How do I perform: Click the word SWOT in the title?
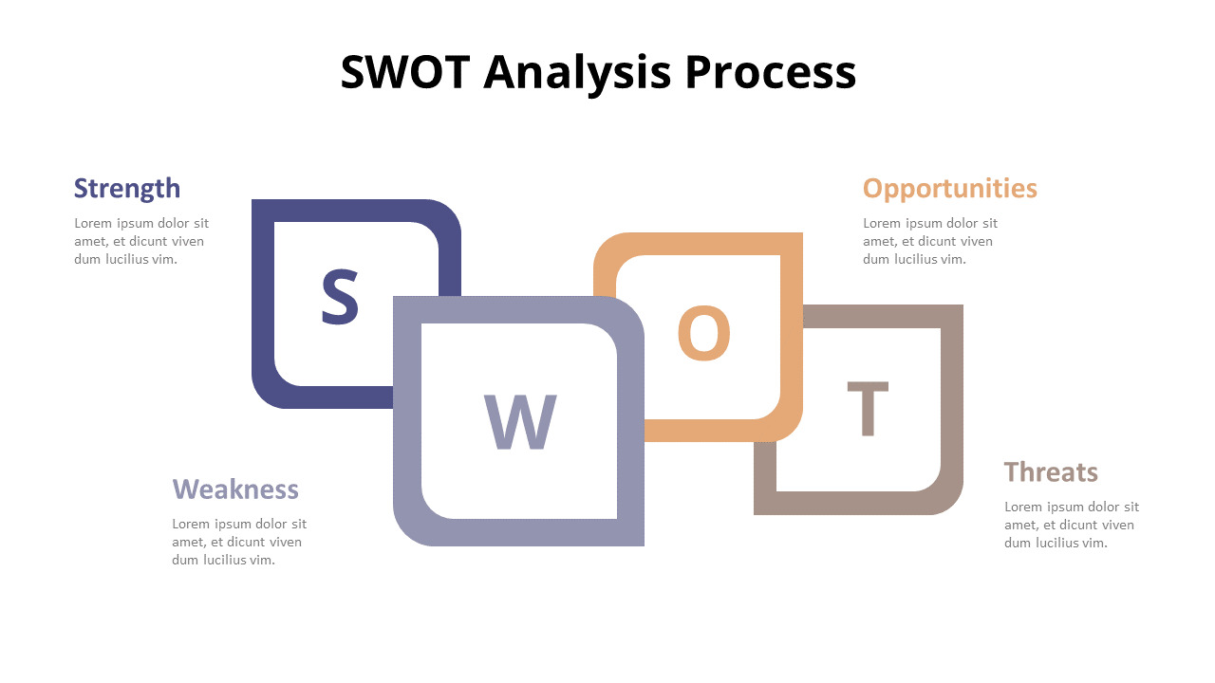404,72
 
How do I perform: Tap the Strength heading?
127,188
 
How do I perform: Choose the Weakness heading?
235,489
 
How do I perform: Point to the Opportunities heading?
949,188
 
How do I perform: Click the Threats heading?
1051,471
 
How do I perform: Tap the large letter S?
339,297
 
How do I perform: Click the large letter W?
520,422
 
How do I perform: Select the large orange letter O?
703,333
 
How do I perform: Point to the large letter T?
868,409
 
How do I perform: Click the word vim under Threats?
1095,543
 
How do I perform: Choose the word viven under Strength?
188,242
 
